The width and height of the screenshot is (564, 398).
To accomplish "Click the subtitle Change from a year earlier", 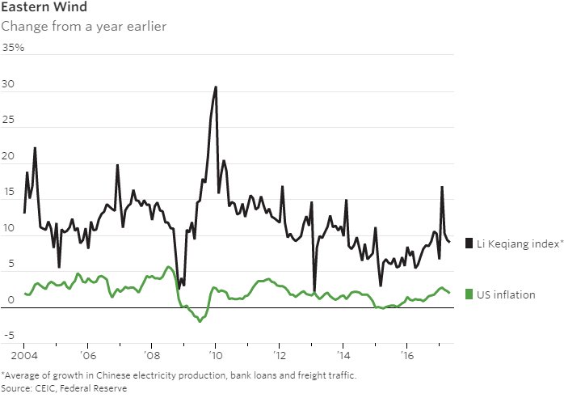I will (x=83, y=26).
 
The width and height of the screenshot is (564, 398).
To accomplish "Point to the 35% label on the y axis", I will (x=13, y=48).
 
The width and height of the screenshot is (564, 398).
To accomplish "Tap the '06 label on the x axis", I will (x=88, y=355).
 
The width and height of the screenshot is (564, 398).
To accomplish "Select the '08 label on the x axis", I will (x=152, y=355).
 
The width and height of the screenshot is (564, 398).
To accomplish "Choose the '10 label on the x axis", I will (x=216, y=355).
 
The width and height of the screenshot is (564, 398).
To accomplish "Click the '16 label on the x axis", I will (x=409, y=355).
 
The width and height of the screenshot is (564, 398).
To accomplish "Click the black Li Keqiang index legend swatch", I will (x=469, y=243).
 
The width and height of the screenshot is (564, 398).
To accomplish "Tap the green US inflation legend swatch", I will (x=469, y=294).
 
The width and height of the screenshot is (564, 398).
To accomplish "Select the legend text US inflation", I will (x=506, y=294).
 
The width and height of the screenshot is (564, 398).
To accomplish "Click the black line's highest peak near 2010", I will (x=216, y=87).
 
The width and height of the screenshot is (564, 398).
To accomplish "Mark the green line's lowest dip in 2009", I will (x=199, y=322).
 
